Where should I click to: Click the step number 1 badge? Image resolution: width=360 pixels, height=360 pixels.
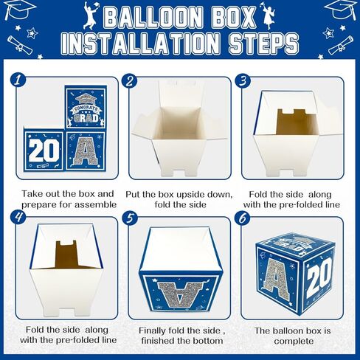pyautogui.click(x=17, y=79)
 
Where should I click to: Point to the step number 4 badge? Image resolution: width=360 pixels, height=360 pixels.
pyautogui.click(x=17, y=218)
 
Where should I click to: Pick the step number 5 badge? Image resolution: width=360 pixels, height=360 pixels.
pyautogui.click(x=129, y=218)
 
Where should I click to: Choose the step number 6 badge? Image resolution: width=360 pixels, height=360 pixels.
pyautogui.click(x=241, y=218)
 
